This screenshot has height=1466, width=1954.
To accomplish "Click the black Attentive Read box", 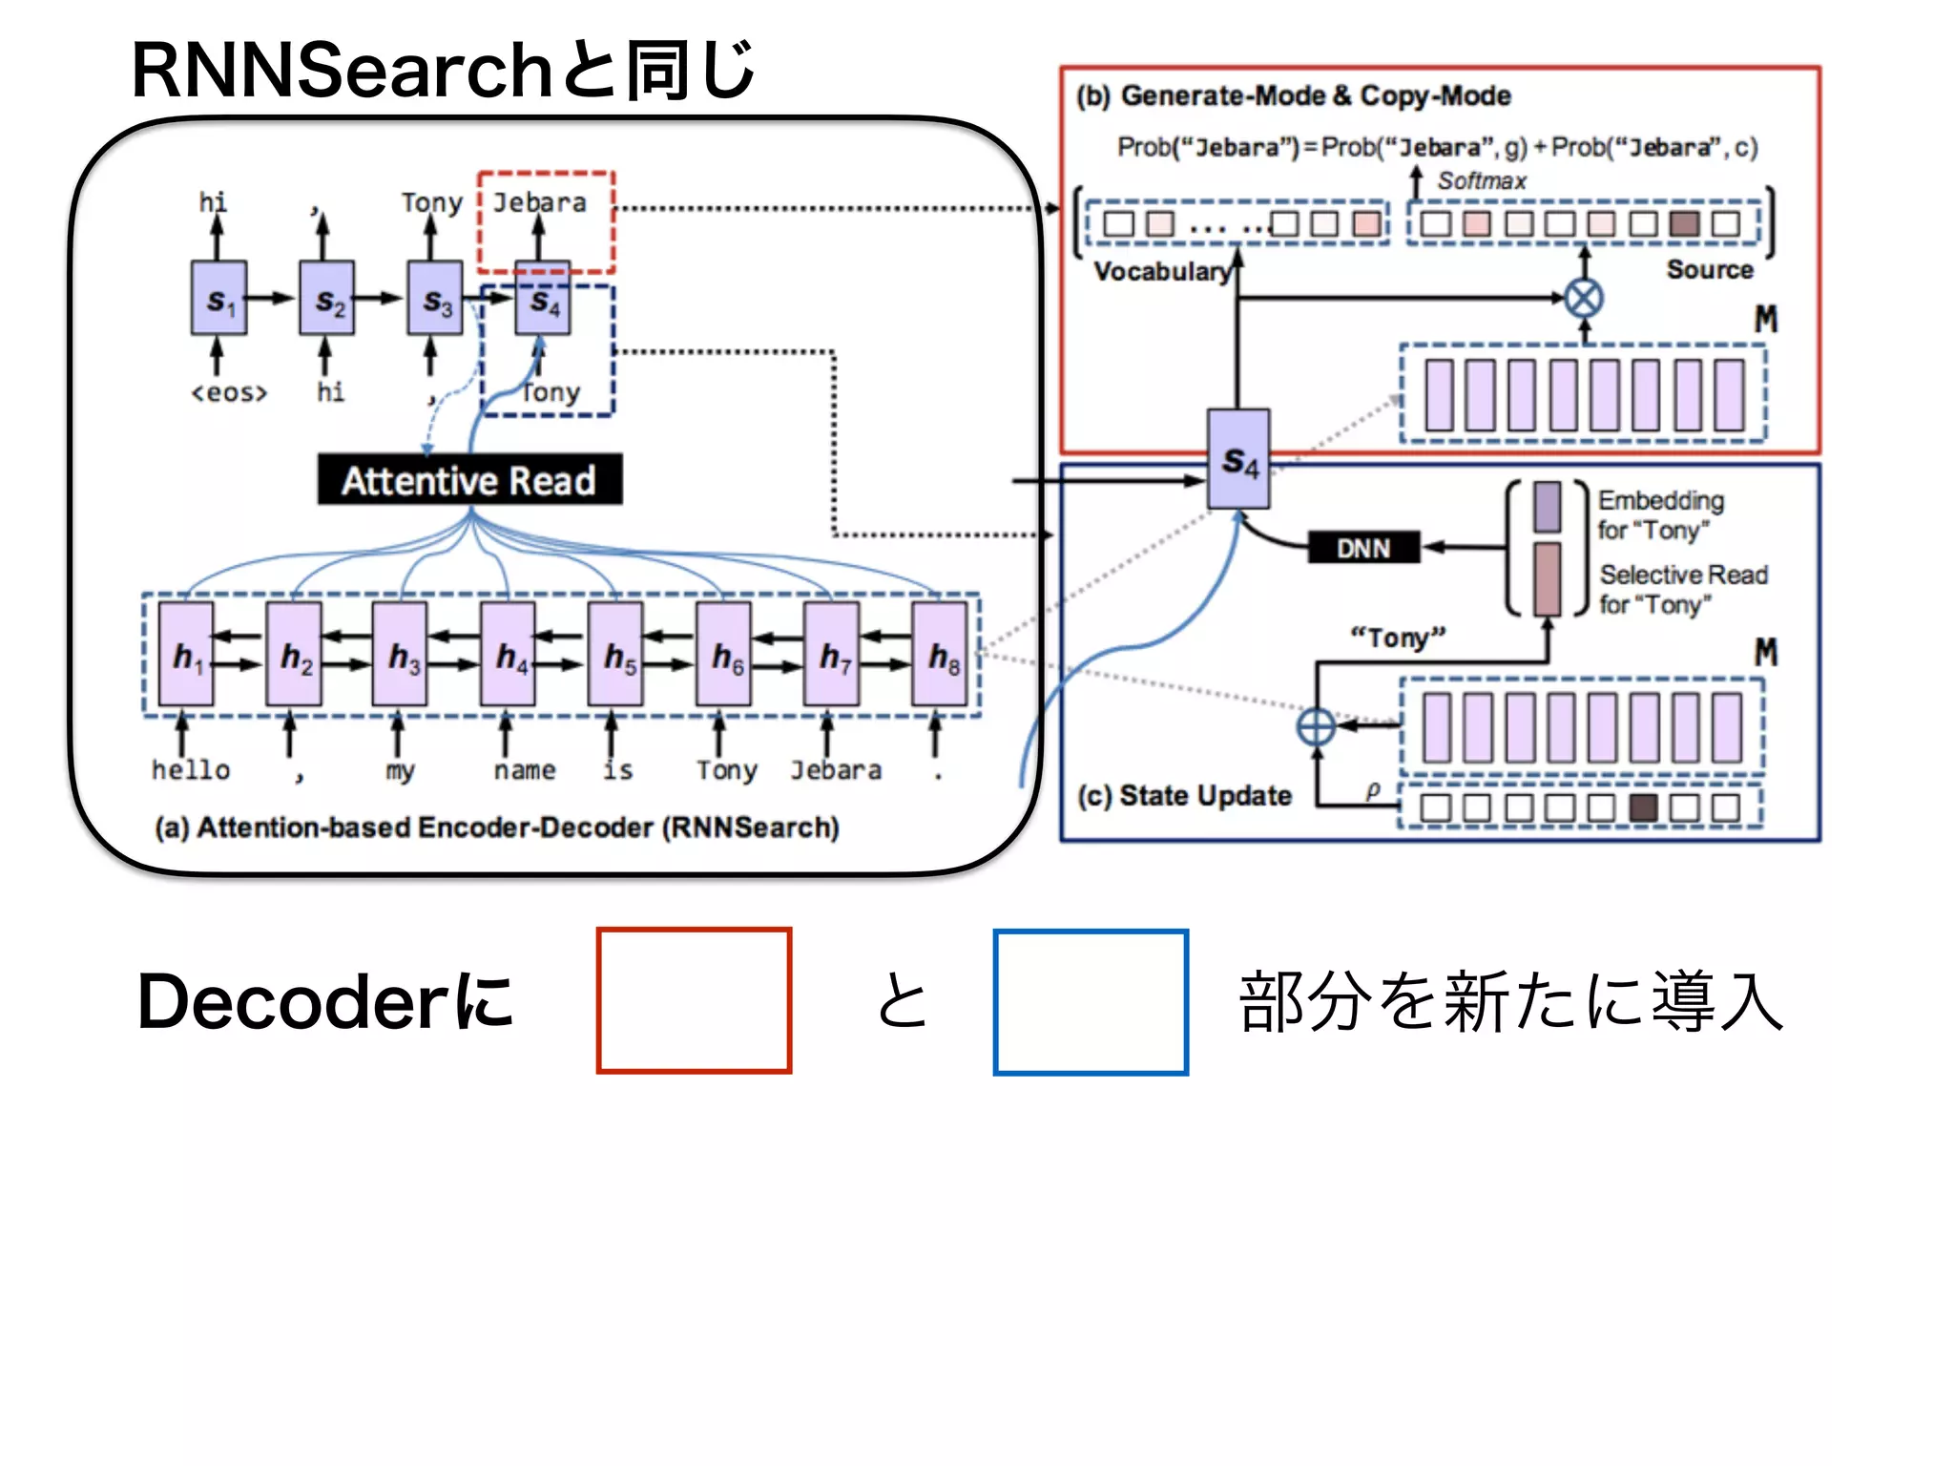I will [469, 479].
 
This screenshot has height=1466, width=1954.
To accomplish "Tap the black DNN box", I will [1362, 547].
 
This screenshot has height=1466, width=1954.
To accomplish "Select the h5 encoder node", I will [615, 655].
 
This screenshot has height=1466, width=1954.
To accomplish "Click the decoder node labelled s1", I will [218, 299].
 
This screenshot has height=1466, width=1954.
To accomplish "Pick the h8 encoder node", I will [939, 655].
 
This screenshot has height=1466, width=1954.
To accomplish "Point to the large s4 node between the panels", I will [1238, 460].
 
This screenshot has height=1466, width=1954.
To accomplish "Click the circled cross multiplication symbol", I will [1584, 298].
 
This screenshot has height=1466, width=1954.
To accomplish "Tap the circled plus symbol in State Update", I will [1317, 726].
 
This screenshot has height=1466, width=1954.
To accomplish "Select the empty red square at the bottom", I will [694, 1000].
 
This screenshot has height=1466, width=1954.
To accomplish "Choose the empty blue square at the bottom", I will [1091, 1001].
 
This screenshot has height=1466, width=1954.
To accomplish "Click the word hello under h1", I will [191, 769].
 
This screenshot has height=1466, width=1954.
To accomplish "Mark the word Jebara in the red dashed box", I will [539, 202].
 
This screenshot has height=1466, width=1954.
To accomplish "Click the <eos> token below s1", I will [229, 392].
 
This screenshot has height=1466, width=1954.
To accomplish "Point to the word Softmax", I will [1482, 180].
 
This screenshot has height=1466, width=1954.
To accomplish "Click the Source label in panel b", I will [1709, 269].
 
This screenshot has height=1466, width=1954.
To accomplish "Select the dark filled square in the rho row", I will [1643, 807].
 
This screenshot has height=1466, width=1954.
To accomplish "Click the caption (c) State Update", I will [1184, 795].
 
